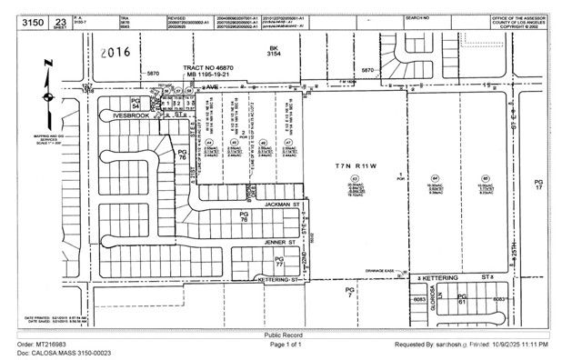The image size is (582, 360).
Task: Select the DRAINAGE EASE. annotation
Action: click(x=377, y=270)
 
